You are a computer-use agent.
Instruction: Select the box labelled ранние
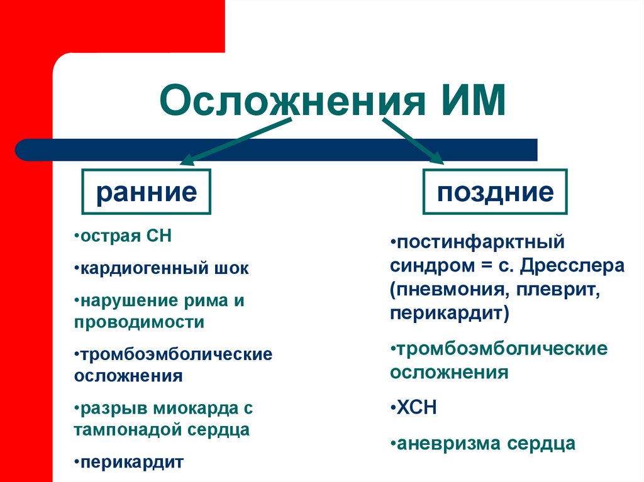coord(146,192)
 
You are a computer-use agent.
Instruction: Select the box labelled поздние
coord(496,192)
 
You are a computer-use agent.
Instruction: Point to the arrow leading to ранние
coord(236,140)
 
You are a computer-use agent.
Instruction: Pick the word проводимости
coord(139,322)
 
